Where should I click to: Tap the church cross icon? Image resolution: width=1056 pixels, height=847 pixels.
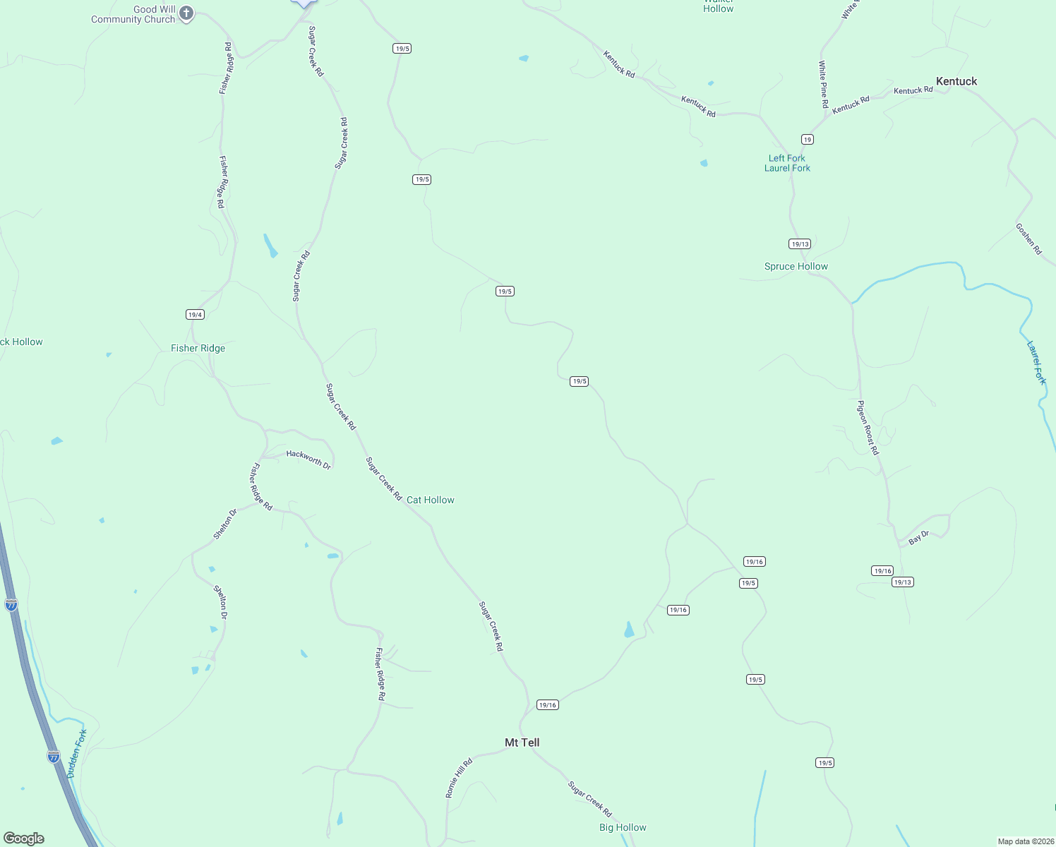[186, 13]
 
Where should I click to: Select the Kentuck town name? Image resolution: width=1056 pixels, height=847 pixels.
[956, 81]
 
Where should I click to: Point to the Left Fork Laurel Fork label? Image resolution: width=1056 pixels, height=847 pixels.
[787, 163]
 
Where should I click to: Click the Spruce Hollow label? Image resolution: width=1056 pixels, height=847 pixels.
[796, 266]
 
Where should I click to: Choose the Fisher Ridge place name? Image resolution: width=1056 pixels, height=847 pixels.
[198, 348]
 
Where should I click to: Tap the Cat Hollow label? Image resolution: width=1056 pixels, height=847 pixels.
[430, 500]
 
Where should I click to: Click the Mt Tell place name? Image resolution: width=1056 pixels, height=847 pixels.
[522, 743]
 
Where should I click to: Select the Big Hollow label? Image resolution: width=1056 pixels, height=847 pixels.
[623, 827]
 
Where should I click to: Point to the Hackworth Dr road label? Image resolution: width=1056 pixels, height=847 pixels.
[308, 459]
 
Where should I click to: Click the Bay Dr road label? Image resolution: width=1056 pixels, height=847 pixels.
[918, 538]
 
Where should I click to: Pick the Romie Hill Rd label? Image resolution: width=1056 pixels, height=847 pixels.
[459, 778]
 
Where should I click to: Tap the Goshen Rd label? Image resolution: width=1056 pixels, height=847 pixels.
[1028, 239]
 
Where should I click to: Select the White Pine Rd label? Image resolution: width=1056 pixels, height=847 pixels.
[824, 84]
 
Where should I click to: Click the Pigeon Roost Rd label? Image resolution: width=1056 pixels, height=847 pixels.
[868, 427]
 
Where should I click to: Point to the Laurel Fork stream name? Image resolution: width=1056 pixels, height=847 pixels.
[1036, 362]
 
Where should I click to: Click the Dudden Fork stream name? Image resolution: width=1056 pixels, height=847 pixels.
[76, 754]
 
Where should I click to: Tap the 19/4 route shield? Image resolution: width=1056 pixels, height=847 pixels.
[195, 314]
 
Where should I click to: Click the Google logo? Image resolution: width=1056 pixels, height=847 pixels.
[24, 838]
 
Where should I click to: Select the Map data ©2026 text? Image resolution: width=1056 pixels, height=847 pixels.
[1025, 841]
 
